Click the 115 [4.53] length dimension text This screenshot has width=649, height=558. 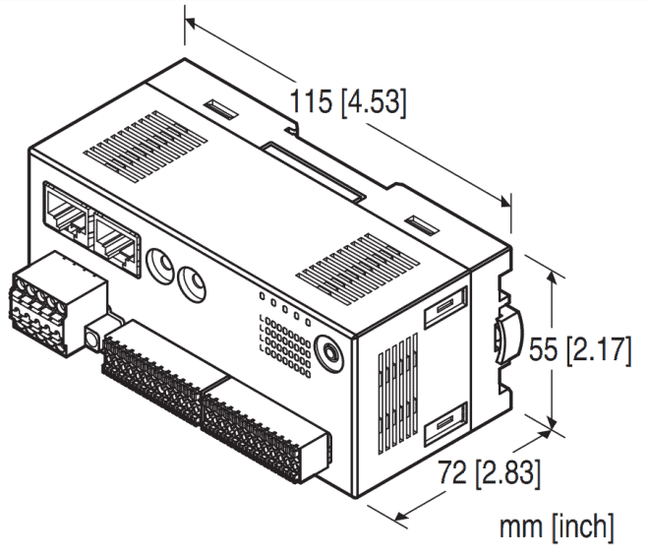click(x=346, y=100)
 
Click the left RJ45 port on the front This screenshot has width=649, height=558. click(x=66, y=209)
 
